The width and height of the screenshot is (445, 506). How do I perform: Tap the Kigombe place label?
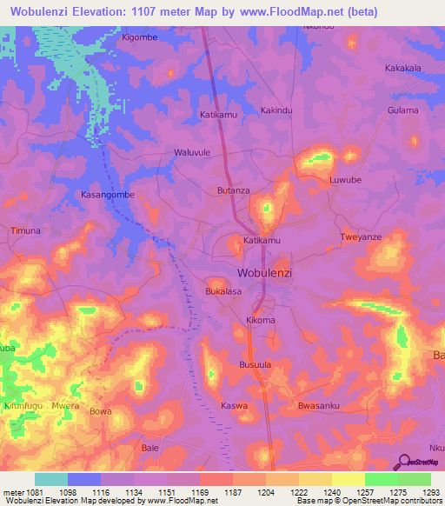click(x=140, y=38)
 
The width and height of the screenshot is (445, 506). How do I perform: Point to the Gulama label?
click(x=403, y=110)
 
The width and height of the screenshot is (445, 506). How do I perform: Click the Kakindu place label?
click(x=277, y=110)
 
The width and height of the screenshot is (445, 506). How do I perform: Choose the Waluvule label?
click(x=193, y=152)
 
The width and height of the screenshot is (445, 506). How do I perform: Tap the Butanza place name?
click(x=233, y=190)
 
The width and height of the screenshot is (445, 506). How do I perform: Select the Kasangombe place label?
click(x=107, y=195)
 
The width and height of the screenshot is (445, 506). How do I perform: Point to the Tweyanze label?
click(x=361, y=237)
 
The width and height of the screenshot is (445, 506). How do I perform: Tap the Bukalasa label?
click(x=223, y=292)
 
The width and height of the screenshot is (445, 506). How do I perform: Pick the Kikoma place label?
click(x=261, y=321)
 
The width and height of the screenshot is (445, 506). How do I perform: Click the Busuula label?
click(x=256, y=366)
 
